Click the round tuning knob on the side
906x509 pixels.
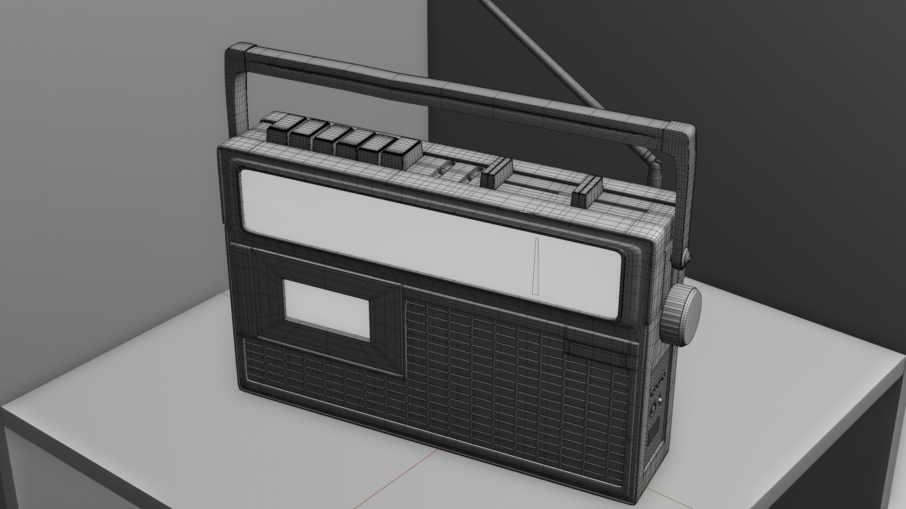(683, 314)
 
